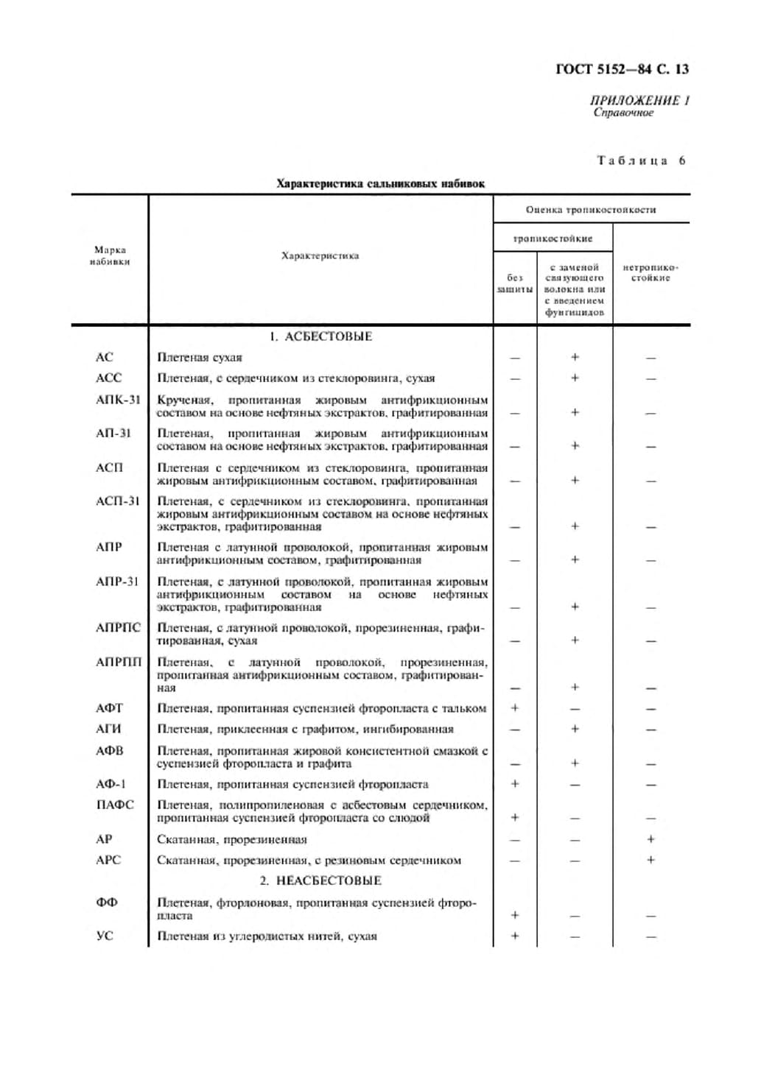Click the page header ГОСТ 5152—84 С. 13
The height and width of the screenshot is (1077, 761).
pyautogui.click(x=622, y=69)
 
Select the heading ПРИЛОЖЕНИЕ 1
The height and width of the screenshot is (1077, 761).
pyautogui.click(x=639, y=100)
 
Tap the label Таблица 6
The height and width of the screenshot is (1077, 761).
pyautogui.click(x=641, y=160)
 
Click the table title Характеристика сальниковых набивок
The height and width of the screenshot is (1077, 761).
pyautogui.click(x=380, y=183)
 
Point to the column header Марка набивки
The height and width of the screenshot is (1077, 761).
pyautogui.click(x=110, y=255)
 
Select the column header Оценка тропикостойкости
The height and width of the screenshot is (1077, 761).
pyautogui.click(x=591, y=210)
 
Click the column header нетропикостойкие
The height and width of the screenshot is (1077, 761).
pyautogui.click(x=650, y=272)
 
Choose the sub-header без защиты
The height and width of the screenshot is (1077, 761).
pyautogui.click(x=514, y=283)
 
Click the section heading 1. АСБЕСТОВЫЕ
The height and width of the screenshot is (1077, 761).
pyautogui.click(x=320, y=336)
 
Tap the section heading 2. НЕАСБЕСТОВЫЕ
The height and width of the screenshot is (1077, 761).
pyautogui.click(x=320, y=880)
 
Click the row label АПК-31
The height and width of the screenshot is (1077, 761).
pyautogui.click(x=118, y=400)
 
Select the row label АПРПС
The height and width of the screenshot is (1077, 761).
pyautogui.click(x=118, y=628)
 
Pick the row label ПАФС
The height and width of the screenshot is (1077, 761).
pyautogui.click(x=115, y=805)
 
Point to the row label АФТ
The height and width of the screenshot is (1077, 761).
pyautogui.click(x=109, y=708)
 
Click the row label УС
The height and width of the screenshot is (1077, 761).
pyautogui.click(x=105, y=936)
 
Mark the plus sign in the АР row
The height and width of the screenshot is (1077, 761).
pyautogui.click(x=650, y=839)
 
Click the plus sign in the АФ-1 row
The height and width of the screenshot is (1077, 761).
pyautogui.click(x=515, y=784)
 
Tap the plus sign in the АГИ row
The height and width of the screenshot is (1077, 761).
pyautogui.click(x=575, y=729)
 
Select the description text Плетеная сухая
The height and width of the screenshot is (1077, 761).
pyautogui.click(x=200, y=358)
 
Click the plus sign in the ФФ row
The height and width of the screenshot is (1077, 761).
pyautogui.click(x=515, y=915)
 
